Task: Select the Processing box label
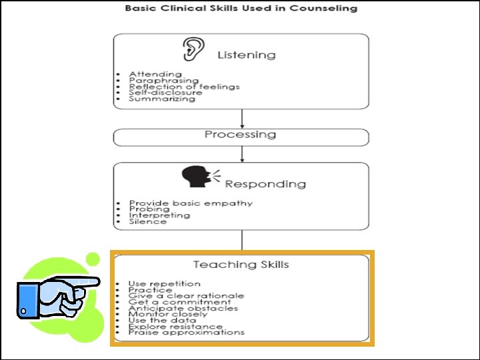tap(240, 135)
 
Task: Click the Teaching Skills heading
tap(241, 265)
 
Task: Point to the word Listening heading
tap(246, 55)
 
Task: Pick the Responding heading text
tap(265, 184)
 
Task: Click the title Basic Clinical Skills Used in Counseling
tap(241, 9)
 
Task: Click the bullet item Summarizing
tap(162, 99)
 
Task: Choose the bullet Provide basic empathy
tap(191, 203)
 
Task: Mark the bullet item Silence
tap(148, 221)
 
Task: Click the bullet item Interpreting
tap(159, 215)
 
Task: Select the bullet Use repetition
tap(164, 284)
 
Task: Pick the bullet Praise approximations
tap(186, 332)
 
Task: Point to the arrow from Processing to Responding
tap(241, 154)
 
